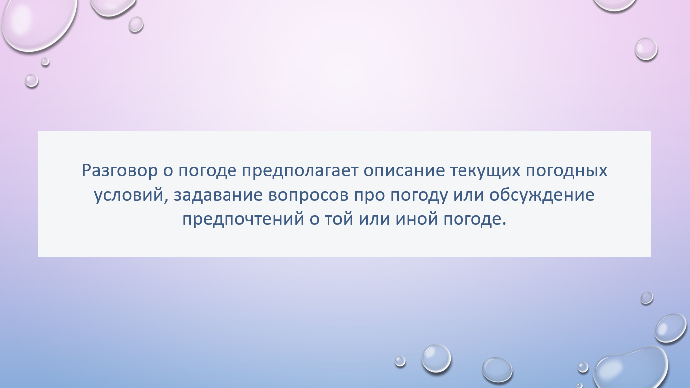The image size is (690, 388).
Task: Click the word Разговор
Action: pyautogui.click(x=120, y=171)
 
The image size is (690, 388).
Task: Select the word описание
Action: pyautogui.click(x=404, y=171)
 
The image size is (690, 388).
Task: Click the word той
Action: pyautogui.click(x=339, y=219)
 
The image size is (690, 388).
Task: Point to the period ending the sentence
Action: pyautogui.click(x=504, y=224)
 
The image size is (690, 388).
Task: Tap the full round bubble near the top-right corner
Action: pyautogui.click(x=646, y=49)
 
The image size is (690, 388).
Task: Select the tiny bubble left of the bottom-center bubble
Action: pyautogui.click(x=400, y=361)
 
